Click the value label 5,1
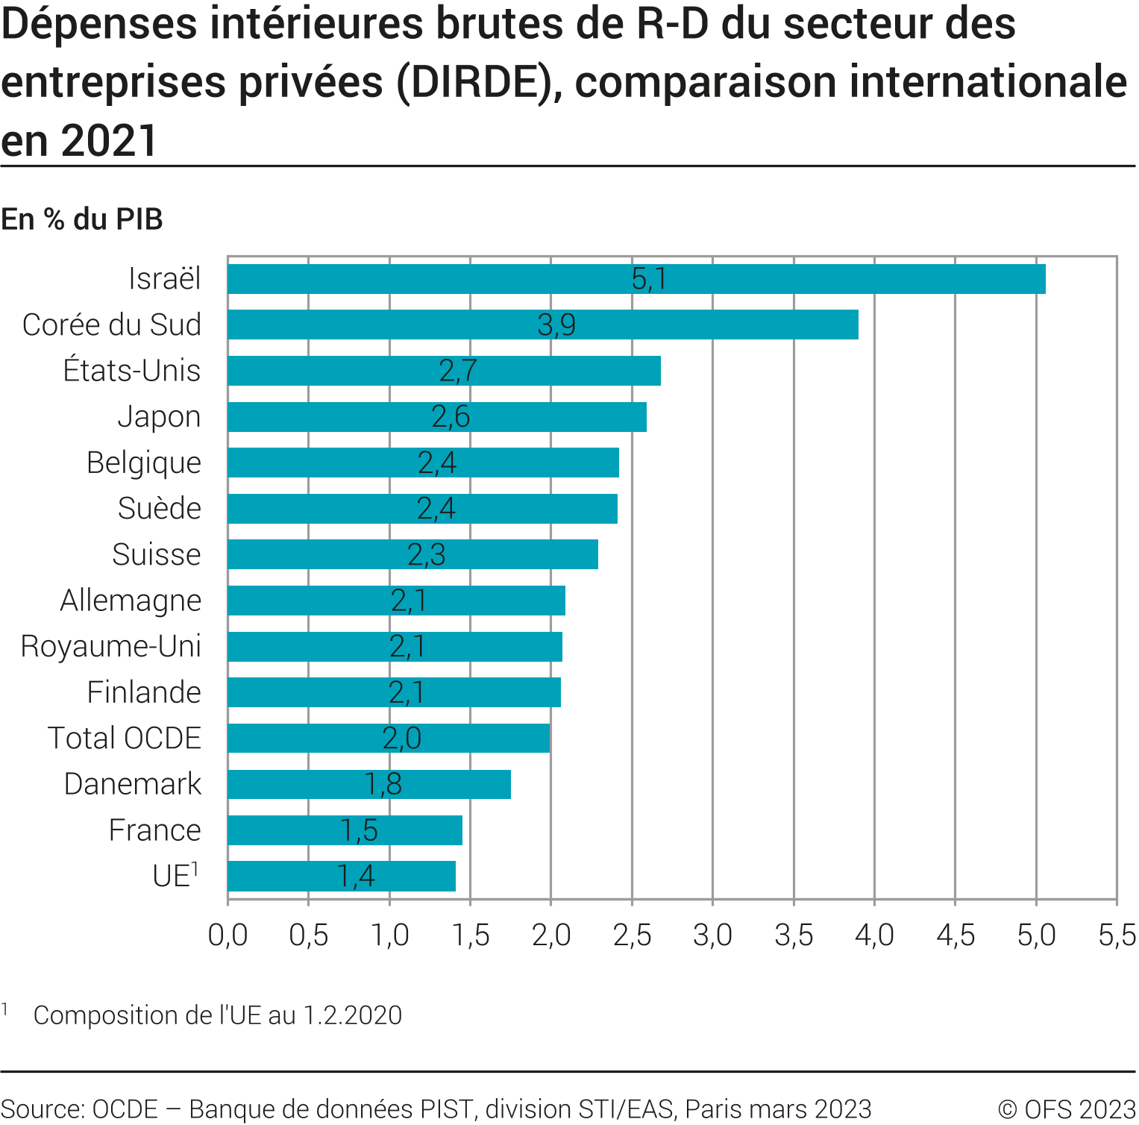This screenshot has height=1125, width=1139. (649, 279)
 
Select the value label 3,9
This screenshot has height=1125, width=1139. (556, 325)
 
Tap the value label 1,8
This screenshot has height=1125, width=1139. (383, 784)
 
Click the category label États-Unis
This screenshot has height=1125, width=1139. (132, 371)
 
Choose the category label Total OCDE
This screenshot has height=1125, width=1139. (125, 739)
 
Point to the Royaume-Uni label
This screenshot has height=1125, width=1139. (111, 646)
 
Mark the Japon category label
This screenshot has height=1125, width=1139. (160, 417)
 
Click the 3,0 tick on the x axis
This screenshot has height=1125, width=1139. (712, 935)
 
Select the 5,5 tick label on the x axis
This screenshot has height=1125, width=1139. (1117, 935)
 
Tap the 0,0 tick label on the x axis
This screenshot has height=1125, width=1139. (228, 935)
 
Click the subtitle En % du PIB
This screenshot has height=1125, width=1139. (82, 219)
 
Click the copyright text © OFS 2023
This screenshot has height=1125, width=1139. (1067, 1109)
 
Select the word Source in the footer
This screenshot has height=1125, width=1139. (42, 1109)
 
